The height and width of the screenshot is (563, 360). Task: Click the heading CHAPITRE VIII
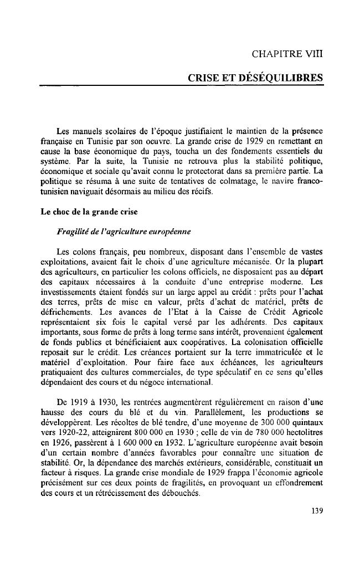coord(286,54)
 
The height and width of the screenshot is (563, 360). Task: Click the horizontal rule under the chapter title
coord(181,86)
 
